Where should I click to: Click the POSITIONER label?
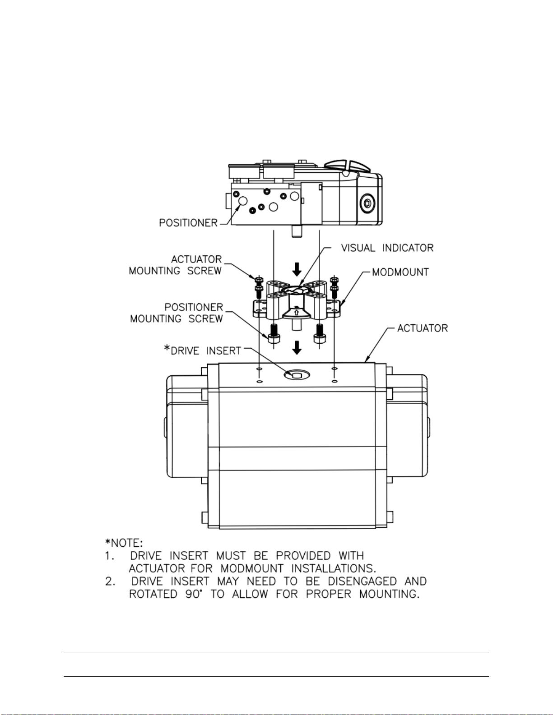188,223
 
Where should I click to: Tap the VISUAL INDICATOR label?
387,248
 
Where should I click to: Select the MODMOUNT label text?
400,272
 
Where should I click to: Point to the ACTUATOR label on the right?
423,328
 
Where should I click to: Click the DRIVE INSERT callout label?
203,351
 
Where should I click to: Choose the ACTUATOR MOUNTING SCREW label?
176,265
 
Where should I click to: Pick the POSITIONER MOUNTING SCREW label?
177,313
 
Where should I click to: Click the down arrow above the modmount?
297,270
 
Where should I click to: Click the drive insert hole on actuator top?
296,374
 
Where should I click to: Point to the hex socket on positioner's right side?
367,203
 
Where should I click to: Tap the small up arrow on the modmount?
296,312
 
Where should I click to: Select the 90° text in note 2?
193,594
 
